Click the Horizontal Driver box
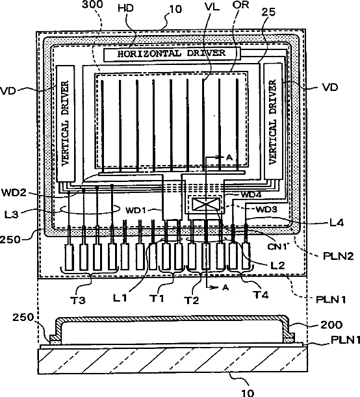coord(172,54)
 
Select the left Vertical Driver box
coord(66,123)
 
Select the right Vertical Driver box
coord(273,121)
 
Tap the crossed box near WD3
coord(206,204)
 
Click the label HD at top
coord(125,8)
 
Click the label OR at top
coord(241,5)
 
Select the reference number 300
coord(93,5)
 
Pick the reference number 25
coord(268,12)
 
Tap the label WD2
coord(14,192)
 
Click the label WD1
coord(136,210)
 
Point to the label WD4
coord(251,194)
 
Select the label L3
coord(12,214)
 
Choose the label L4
coord(337,223)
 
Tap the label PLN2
coord(338,256)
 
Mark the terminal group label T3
coord(78,300)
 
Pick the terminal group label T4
coord(261,294)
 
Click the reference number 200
coord(331,325)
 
